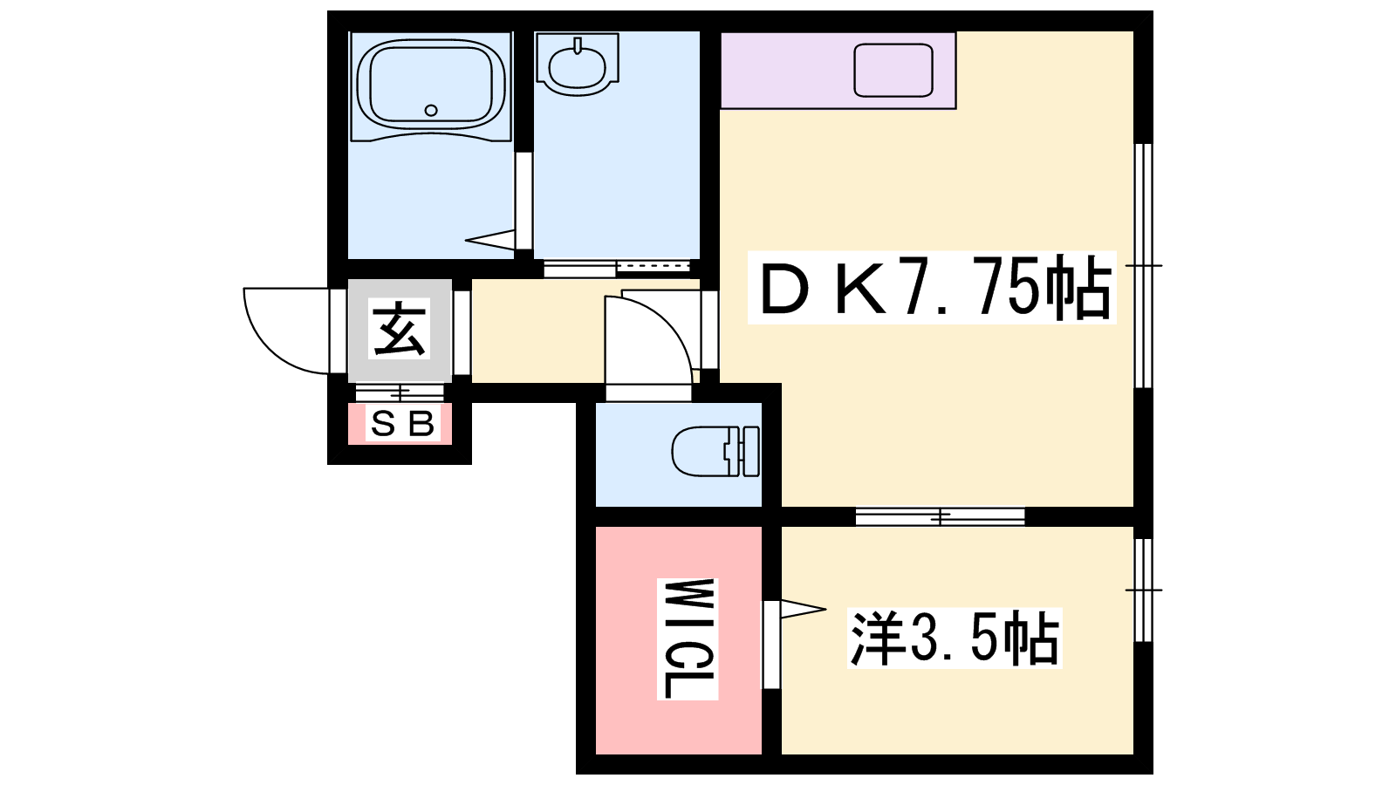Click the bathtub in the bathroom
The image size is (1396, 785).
(431, 86)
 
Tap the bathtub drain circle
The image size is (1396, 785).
(431, 111)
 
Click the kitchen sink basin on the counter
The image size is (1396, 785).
(893, 70)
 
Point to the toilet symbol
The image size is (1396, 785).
(715, 451)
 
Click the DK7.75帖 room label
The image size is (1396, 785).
(932, 287)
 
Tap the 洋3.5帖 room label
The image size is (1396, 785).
(955, 638)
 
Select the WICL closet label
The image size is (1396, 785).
(688, 638)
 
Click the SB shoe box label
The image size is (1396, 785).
(402, 424)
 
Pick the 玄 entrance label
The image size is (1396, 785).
(399, 328)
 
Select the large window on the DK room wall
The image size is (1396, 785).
(1143, 266)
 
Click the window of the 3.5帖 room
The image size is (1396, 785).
(1143, 590)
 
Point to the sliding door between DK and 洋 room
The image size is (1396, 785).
(940, 516)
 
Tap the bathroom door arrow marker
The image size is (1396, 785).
(489, 240)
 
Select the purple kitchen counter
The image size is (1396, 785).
(838, 71)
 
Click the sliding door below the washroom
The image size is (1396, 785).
(617, 268)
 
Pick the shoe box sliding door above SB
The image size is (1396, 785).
(400, 393)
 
